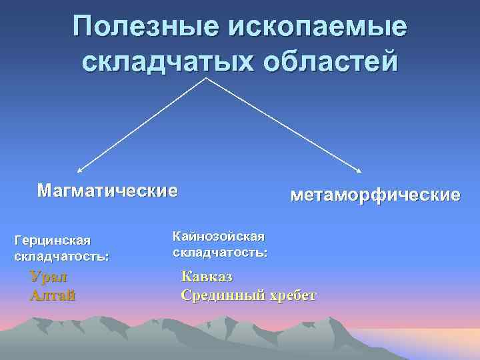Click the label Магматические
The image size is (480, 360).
point(107,191)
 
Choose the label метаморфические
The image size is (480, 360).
point(375,195)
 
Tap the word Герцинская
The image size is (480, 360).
point(51,240)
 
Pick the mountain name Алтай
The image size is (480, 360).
point(52,295)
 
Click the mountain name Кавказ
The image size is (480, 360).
point(207,277)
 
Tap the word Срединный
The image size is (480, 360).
point(221,295)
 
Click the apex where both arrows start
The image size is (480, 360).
point(206,79)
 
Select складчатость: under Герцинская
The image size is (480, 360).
point(61,255)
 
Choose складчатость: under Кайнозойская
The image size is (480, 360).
point(220,253)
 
